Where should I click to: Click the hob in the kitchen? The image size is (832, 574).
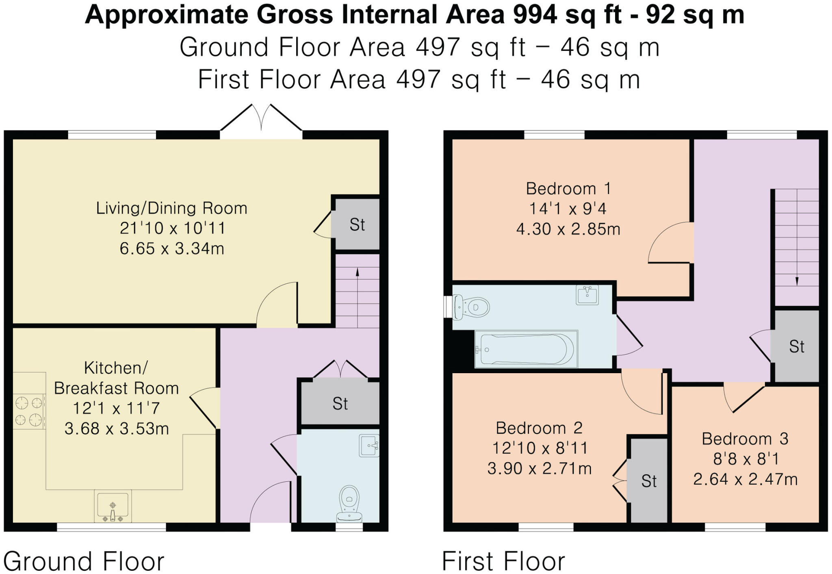pos(29,411)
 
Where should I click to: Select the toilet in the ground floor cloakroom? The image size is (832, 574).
pos(349,503)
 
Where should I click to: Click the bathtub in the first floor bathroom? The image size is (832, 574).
pos(526,349)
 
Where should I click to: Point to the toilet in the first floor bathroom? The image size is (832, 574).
pos(471,307)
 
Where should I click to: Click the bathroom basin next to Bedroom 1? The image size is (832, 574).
pos(587,295)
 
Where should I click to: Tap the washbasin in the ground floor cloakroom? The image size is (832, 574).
pos(369,446)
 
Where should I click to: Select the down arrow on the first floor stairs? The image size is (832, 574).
pos(797,280)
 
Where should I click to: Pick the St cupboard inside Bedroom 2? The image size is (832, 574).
pos(648,481)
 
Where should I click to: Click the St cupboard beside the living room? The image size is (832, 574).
pos(357,224)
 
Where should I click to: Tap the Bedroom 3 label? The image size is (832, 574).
pos(745,439)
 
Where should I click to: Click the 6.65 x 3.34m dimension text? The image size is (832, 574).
pos(172,248)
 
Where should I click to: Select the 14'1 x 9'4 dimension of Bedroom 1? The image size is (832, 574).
pos(568,209)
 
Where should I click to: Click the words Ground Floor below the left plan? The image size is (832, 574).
pos(83,561)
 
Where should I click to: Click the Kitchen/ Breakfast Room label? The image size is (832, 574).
pos(116,378)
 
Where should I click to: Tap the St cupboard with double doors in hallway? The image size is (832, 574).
pos(340,404)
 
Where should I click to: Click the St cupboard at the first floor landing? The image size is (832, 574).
pos(796,346)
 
